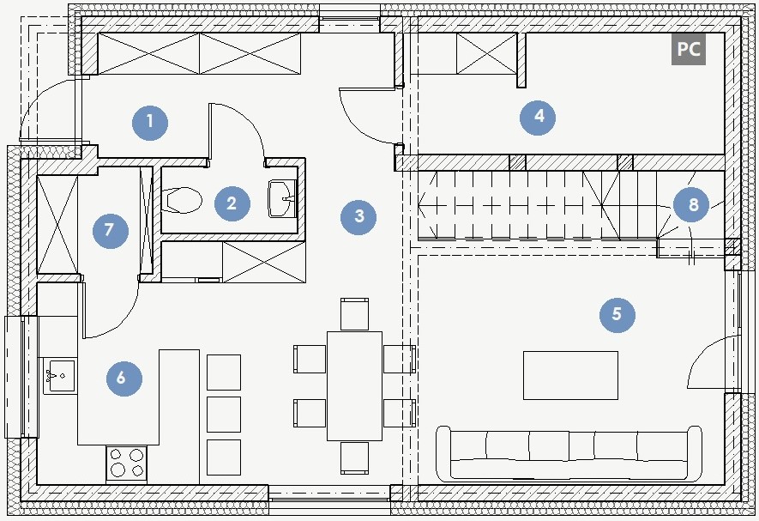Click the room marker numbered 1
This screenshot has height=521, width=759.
(x=150, y=122)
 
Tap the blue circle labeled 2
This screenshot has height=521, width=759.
(x=232, y=203)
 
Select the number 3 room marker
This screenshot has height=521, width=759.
(x=358, y=216)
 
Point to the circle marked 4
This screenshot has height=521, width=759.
(x=538, y=117)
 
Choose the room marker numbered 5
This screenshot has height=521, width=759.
(x=617, y=314)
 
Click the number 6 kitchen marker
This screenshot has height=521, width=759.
(x=124, y=378)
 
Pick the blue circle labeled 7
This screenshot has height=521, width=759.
(x=111, y=230)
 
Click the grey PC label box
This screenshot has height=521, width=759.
(x=689, y=49)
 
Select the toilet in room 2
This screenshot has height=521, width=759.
(x=181, y=200)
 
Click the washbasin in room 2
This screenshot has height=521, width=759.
(x=282, y=198)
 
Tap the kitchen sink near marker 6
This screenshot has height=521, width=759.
(x=59, y=376)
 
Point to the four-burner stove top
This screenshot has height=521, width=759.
(x=128, y=463)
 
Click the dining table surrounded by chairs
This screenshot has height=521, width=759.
(x=354, y=385)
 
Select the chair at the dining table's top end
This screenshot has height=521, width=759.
(x=354, y=314)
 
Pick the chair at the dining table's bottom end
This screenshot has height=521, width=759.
(x=354, y=457)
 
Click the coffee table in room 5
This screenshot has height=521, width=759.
(x=570, y=375)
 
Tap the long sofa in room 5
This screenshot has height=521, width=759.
(x=569, y=454)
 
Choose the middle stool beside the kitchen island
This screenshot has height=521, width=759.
(x=224, y=415)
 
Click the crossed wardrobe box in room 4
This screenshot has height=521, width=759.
(x=486, y=53)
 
